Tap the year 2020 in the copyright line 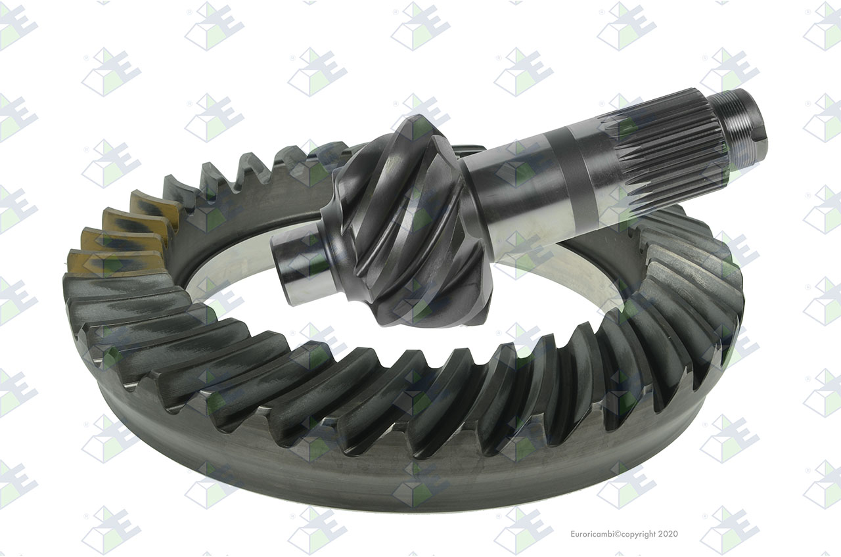[669, 534]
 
